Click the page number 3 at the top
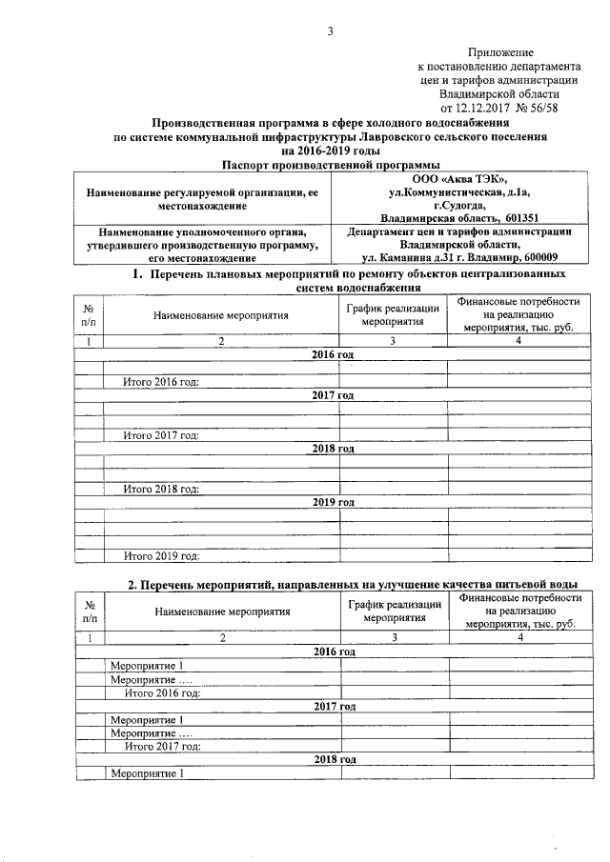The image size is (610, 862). click(330, 31)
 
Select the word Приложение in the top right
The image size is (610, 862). click(500, 51)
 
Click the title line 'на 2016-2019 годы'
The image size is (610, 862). click(330, 150)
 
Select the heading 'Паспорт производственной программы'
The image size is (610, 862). click(330, 165)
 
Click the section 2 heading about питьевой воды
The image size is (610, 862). click(353, 584)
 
